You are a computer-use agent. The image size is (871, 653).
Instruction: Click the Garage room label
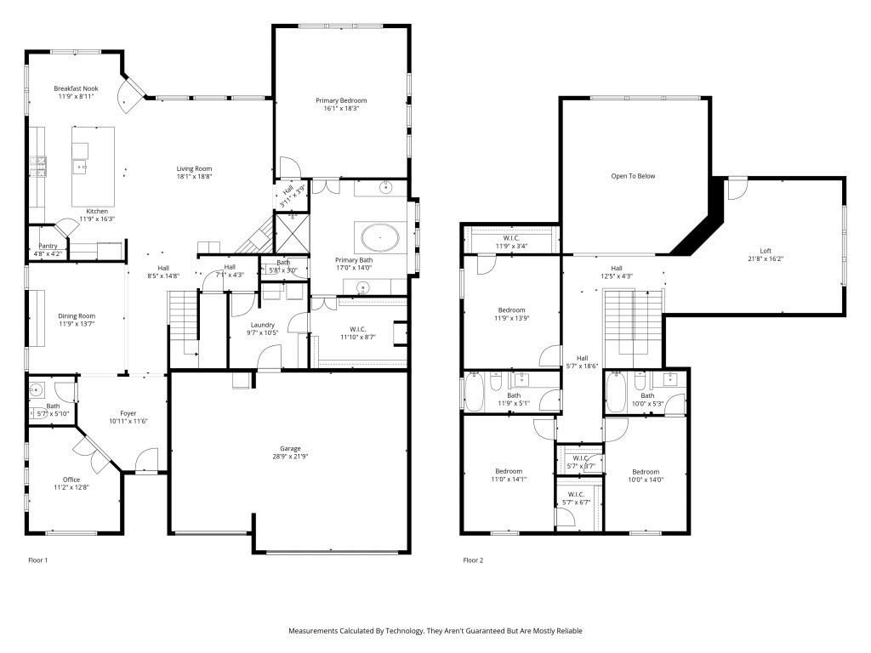(291, 449)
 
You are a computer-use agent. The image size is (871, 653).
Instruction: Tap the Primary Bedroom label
(340, 100)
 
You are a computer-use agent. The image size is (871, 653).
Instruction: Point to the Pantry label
(48, 246)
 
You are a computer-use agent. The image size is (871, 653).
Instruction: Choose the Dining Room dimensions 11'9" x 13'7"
(77, 324)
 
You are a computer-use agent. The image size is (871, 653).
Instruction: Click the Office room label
(71, 480)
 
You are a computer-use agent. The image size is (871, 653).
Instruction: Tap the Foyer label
(128, 413)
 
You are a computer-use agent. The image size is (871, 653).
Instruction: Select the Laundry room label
(262, 324)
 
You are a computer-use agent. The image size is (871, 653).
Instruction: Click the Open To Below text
(633, 176)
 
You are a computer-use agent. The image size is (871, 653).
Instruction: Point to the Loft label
(766, 251)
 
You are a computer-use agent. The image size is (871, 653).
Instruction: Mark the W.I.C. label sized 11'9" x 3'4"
(511, 247)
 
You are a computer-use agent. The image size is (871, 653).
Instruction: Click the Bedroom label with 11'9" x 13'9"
(511, 310)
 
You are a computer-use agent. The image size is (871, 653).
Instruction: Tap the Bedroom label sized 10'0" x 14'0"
(645, 472)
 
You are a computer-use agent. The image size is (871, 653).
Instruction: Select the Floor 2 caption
(474, 560)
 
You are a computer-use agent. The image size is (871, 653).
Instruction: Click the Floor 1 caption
(38, 560)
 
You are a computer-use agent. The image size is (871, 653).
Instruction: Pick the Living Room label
(194, 168)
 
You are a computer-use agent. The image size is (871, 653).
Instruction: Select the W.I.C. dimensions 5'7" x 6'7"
(576, 502)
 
